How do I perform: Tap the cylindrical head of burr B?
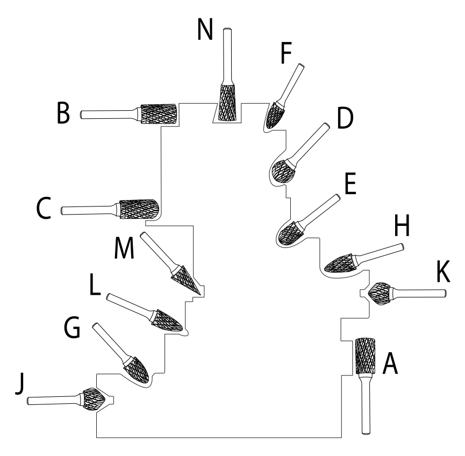pyautogui.click(x=159, y=113)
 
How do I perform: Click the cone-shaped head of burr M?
pyautogui.click(x=188, y=280)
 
